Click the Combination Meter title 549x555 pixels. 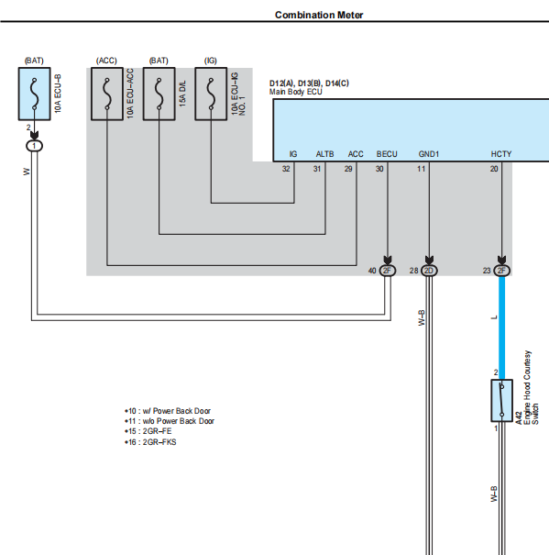tap(319, 15)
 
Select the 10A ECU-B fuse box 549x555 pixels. tap(34, 94)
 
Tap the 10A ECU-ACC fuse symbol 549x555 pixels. tap(107, 94)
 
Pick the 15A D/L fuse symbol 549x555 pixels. tap(159, 94)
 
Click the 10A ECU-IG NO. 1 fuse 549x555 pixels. tap(211, 94)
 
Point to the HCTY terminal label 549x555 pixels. tap(501, 154)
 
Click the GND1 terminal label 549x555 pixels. tap(428, 154)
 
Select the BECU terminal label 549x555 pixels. tap(387, 154)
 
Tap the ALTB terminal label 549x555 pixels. tap(324, 154)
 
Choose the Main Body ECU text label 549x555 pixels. tap(296, 92)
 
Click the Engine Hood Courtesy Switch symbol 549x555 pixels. tap(501, 401)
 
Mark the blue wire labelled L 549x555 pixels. tap(501, 327)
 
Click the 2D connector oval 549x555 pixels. tap(429, 271)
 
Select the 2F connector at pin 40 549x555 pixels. tap(388, 271)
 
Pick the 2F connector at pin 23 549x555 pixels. tap(501, 271)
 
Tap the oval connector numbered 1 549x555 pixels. tap(34, 146)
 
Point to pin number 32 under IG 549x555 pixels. tap(286, 169)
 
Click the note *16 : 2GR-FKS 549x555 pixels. tap(150, 442)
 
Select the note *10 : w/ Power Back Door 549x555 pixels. tap(168, 411)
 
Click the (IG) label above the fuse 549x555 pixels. tap(211, 61)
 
